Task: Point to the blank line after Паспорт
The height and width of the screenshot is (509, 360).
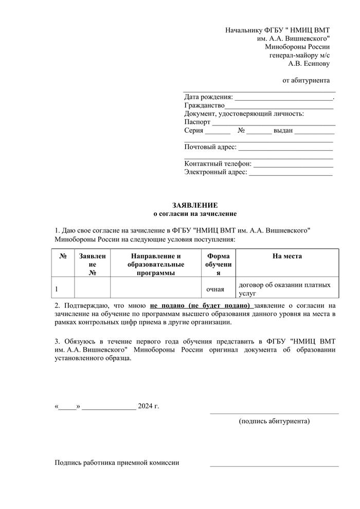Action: (274, 124)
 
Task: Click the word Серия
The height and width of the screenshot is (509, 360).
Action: (194, 131)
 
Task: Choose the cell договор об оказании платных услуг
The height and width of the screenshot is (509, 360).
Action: (284, 289)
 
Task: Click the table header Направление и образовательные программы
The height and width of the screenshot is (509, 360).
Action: (156, 264)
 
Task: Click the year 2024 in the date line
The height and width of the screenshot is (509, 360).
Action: (146, 406)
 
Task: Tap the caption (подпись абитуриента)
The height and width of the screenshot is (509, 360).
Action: (274, 422)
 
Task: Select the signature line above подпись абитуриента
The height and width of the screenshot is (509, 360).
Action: (274, 413)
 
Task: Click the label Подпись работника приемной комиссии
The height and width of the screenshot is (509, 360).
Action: (117, 463)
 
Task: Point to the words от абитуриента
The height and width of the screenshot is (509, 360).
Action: (306, 80)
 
